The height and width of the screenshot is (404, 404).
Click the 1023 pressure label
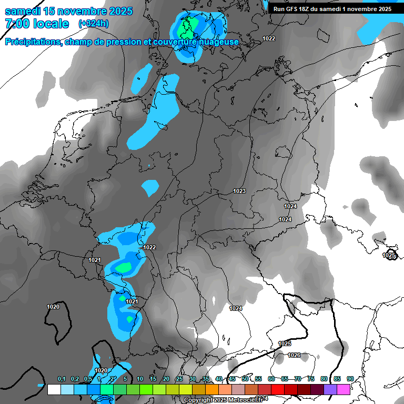(x=239, y=191)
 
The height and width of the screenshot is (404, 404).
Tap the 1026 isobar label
(x=294, y=356)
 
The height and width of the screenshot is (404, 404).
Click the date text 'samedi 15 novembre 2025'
(x=68, y=11)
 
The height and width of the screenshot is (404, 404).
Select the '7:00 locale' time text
(x=37, y=24)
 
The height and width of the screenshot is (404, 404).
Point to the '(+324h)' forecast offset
(x=94, y=24)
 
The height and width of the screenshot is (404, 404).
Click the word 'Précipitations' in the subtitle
(x=33, y=42)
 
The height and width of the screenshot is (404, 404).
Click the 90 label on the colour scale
(x=350, y=379)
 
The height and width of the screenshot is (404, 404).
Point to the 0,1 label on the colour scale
(x=62, y=379)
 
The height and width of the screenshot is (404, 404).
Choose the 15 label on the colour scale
(x=153, y=379)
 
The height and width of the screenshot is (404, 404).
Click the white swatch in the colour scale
(x=54, y=389)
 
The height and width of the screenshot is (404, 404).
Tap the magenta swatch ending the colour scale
(x=344, y=389)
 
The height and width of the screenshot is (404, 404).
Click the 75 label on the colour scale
(x=311, y=379)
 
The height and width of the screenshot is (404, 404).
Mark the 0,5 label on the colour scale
(x=88, y=379)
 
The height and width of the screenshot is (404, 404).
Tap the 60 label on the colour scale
(x=271, y=379)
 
